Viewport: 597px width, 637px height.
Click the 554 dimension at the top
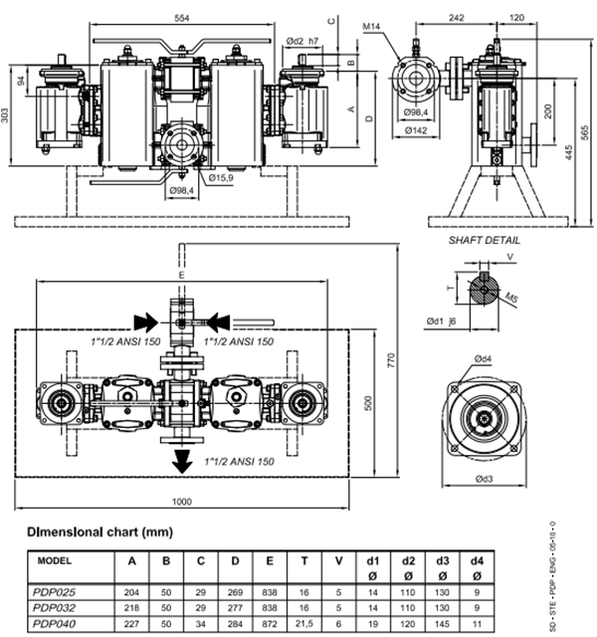coord(181,18)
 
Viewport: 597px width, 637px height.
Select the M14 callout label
coord(371,27)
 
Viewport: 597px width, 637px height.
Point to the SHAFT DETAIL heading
coord(485,241)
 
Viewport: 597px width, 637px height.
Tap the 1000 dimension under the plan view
coord(181,502)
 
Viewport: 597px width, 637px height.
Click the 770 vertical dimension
coord(391,360)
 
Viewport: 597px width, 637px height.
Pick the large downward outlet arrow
coord(182,461)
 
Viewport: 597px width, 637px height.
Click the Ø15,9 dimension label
coord(221,178)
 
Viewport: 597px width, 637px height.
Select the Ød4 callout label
coord(483,358)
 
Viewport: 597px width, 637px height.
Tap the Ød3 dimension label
coord(485,479)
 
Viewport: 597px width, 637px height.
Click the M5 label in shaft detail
coord(511,298)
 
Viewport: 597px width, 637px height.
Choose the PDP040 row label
coord(54,624)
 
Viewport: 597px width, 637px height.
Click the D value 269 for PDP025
coord(235,592)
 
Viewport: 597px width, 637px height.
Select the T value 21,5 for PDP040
coord(303,624)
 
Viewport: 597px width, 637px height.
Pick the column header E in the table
coord(270,561)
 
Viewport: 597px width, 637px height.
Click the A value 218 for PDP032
coord(131,608)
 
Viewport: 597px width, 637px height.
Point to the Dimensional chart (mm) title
coord(99,531)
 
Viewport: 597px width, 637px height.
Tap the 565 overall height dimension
coord(584,132)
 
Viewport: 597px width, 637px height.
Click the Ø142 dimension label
coord(416,130)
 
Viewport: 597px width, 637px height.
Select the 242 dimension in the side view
coord(457,18)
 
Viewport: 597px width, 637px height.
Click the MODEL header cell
coord(55,560)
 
